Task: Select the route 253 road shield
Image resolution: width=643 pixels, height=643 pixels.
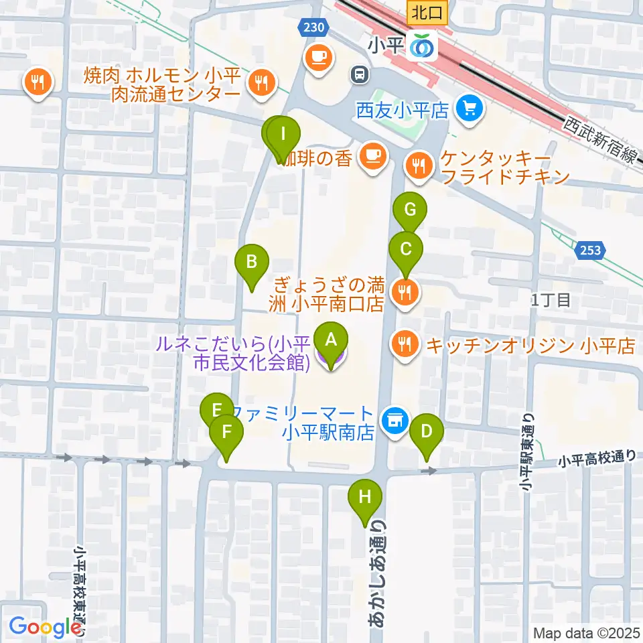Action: pos(590,251)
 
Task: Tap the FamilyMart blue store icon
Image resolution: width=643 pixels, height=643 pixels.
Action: pos(395,420)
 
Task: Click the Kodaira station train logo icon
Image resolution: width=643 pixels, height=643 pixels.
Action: pos(423,46)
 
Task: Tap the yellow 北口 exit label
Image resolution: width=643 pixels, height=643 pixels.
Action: pos(423,11)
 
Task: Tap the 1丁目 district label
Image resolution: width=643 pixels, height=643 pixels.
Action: pos(551,301)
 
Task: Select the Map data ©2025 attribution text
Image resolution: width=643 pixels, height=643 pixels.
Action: pos(584,632)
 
